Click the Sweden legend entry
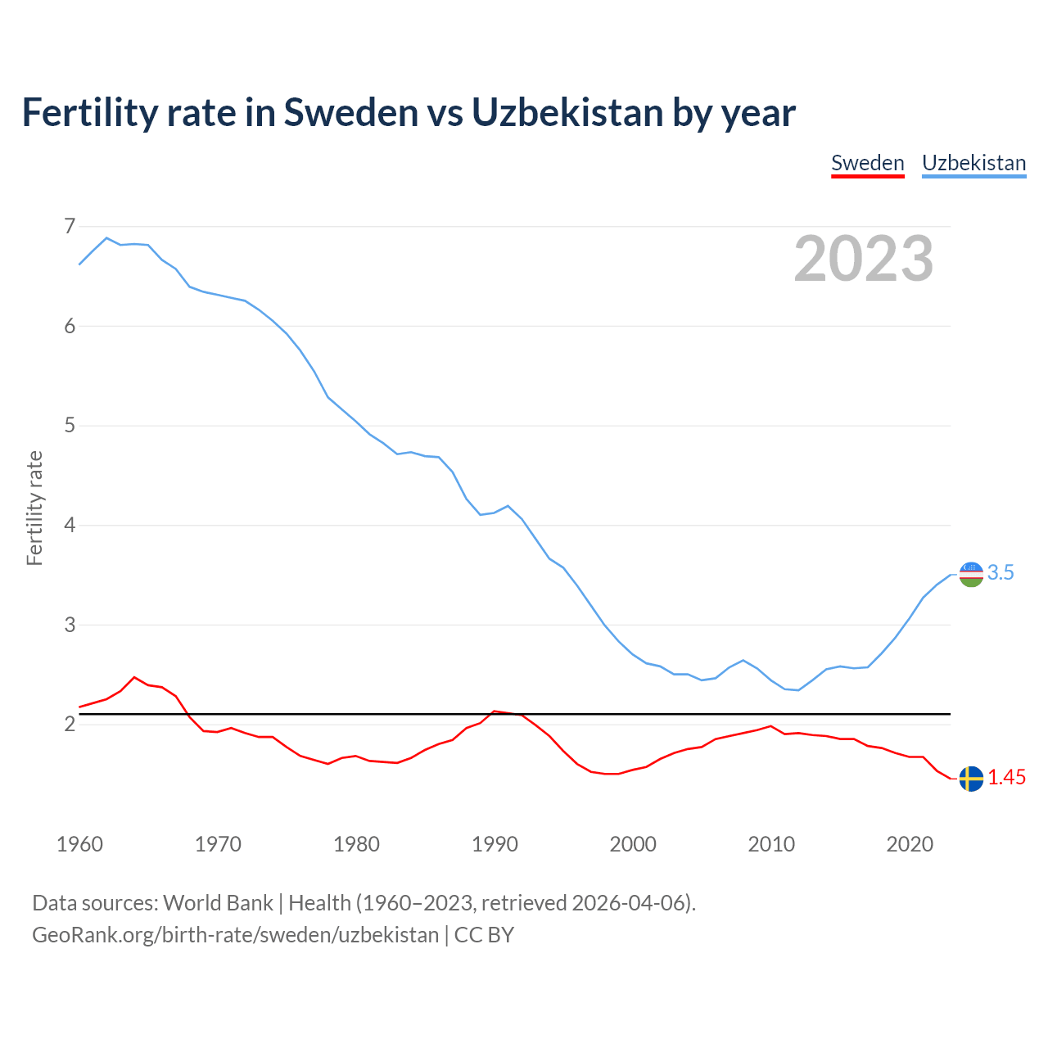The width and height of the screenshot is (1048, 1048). [867, 163]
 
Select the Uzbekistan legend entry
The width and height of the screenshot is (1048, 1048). [973, 163]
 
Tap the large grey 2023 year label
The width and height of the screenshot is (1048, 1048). [864, 259]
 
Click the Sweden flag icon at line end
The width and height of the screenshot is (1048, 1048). [971, 779]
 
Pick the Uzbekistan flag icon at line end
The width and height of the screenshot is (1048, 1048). [971, 574]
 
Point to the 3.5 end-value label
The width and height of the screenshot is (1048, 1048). [1001, 573]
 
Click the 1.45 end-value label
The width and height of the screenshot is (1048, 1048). [1006, 778]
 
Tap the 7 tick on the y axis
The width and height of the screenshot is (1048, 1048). [70, 226]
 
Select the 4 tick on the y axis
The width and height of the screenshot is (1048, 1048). [70, 525]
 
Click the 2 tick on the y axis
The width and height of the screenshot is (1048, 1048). [70, 725]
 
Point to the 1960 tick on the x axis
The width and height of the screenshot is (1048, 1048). [79, 844]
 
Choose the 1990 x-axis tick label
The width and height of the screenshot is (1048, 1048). [495, 844]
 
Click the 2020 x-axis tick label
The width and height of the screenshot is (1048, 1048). [910, 844]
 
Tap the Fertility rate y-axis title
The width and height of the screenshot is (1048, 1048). [34, 508]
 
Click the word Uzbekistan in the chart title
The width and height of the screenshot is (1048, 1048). [567, 112]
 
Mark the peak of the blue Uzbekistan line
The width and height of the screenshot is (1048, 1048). [106, 238]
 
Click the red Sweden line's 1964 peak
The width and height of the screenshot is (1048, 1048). [134, 677]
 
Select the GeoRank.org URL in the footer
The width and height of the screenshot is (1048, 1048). [235, 935]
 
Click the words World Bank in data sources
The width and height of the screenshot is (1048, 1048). [218, 903]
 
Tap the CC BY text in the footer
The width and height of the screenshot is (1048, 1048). [484, 935]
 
